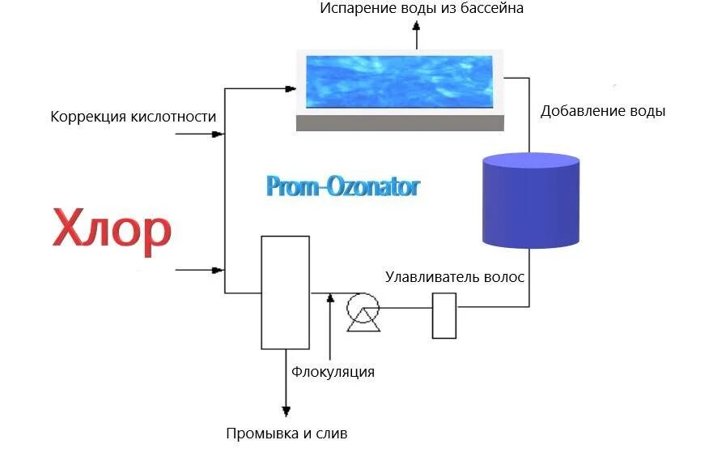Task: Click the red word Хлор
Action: pyautogui.click(x=112, y=230)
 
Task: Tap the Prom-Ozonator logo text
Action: pyautogui.click(x=343, y=187)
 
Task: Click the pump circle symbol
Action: pyautogui.click(x=362, y=308)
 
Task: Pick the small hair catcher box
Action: pyautogui.click(x=444, y=315)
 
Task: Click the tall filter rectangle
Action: pyautogui.click(x=285, y=292)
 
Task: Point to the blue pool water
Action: pyautogui.click(x=400, y=82)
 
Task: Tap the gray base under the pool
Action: pyautogui.click(x=400, y=122)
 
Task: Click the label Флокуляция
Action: pyautogui.click(x=333, y=372)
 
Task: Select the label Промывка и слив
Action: pyautogui.click(x=287, y=434)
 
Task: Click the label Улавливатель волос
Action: pyautogui.click(x=455, y=277)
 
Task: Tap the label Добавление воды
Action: pyautogui.click(x=603, y=111)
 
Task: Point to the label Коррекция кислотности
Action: pyautogui.click(x=134, y=117)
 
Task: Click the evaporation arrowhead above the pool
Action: pyautogui.click(x=418, y=27)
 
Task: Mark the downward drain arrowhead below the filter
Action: pyautogui.click(x=285, y=409)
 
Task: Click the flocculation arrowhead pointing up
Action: pyautogui.click(x=330, y=299)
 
